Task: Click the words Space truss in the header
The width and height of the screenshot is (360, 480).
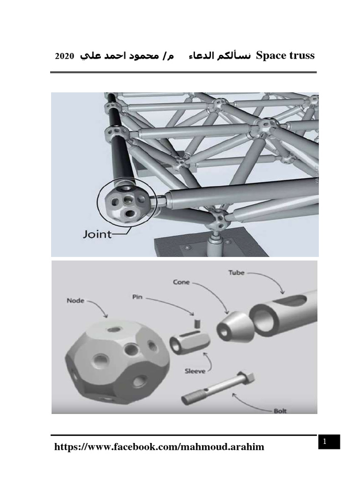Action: pyautogui.click(x=285, y=56)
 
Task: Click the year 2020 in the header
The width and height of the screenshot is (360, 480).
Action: pyautogui.click(x=64, y=57)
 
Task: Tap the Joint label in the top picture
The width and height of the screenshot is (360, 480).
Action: pyautogui.click(x=97, y=233)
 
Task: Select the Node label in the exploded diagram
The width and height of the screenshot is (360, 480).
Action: pyautogui.click(x=75, y=301)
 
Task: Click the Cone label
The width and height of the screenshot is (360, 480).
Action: pyautogui.click(x=180, y=283)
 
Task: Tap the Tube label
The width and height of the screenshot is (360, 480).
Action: pyautogui.click(x=236, y=272)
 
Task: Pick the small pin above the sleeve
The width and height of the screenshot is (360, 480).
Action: pyautogui.click(x=197, y=323)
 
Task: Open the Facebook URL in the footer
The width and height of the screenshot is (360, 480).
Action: pyautogui.click(x=159, y=447)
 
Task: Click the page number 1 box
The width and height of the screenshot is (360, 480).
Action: pyautogui.click(x=329, y=441)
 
